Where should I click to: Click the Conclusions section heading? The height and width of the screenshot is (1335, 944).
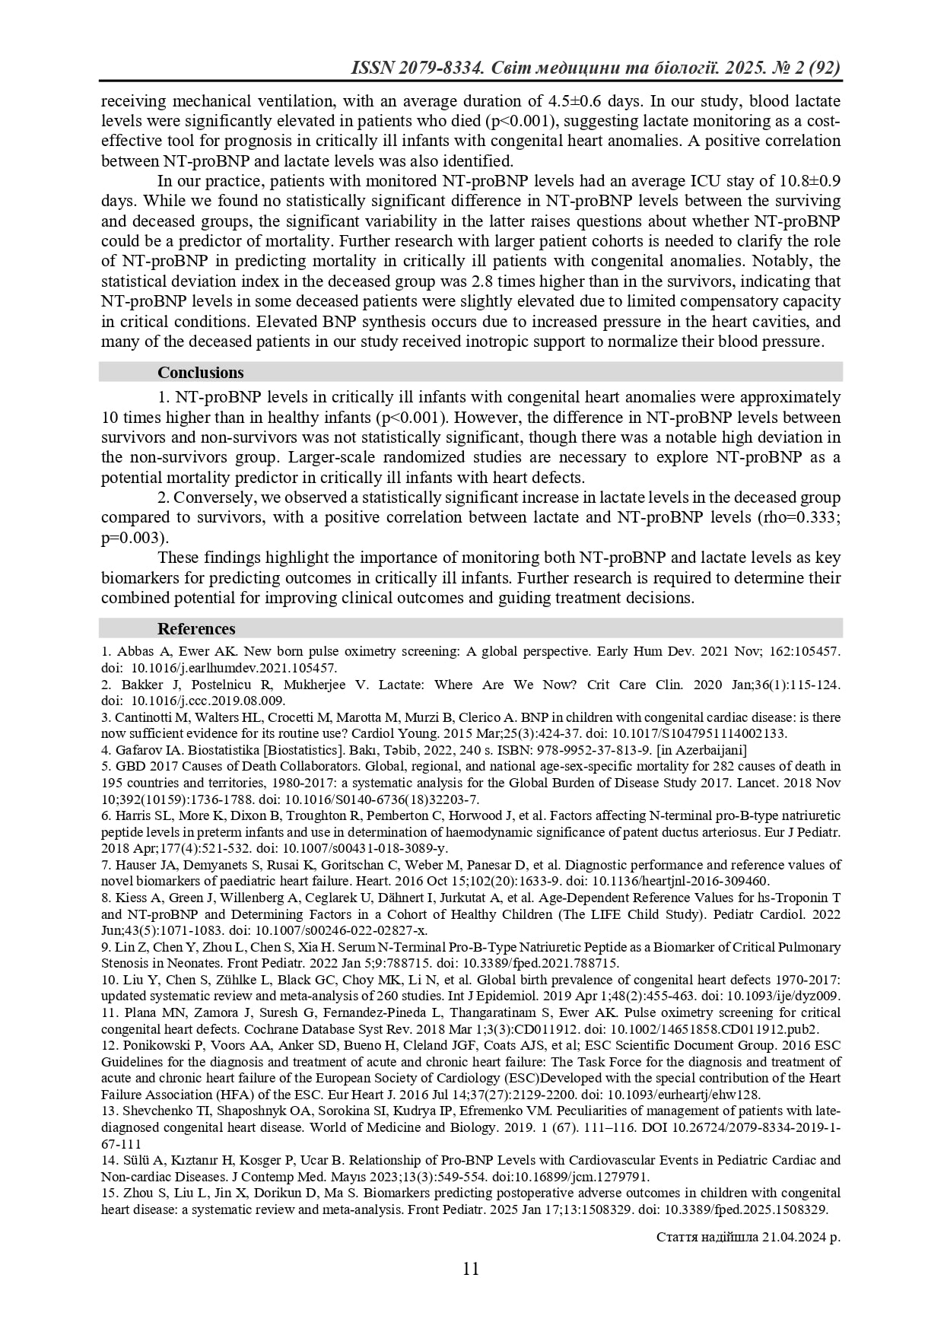200,373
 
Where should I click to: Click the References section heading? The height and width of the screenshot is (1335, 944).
196,629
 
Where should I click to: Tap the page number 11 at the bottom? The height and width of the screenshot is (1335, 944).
471,1269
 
